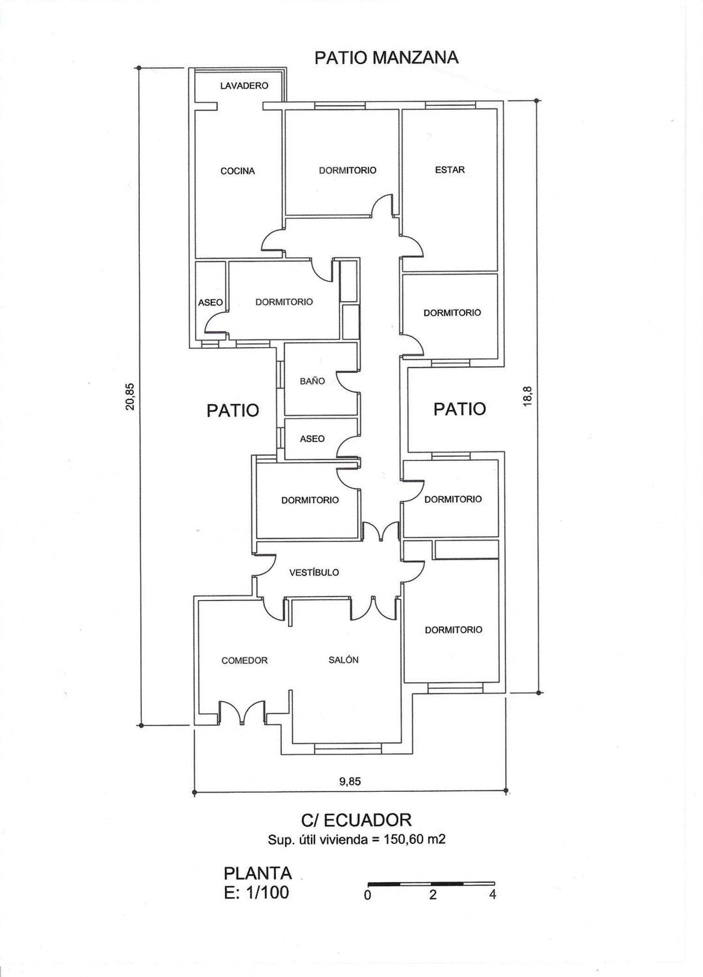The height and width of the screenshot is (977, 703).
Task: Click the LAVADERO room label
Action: point(244,86)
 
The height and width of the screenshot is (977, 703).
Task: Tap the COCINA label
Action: point(238,171)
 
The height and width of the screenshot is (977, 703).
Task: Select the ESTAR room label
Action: point(450,170)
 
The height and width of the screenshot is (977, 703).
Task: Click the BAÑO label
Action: point(312,381)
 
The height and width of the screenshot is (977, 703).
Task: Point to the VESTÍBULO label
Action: point(314,572)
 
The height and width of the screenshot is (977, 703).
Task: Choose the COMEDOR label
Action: point(245,660)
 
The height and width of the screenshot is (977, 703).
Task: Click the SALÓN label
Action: point(344,660)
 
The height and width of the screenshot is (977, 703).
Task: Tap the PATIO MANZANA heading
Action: point(386,58)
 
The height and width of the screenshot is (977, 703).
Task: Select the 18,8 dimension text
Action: point(528,396)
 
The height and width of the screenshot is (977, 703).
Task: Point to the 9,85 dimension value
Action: point(350,781)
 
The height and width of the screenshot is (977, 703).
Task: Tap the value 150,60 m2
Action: point(414,839)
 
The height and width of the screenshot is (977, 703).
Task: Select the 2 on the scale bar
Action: point(433,895)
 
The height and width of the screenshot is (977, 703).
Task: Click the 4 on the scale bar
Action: point(492,894)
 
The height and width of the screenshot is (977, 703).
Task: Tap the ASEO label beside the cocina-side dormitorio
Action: point(210,303)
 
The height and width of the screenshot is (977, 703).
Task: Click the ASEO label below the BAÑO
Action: point(312,439)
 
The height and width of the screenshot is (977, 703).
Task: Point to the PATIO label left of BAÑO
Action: point(233,410)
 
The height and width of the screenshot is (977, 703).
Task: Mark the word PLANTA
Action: point(258,873)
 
